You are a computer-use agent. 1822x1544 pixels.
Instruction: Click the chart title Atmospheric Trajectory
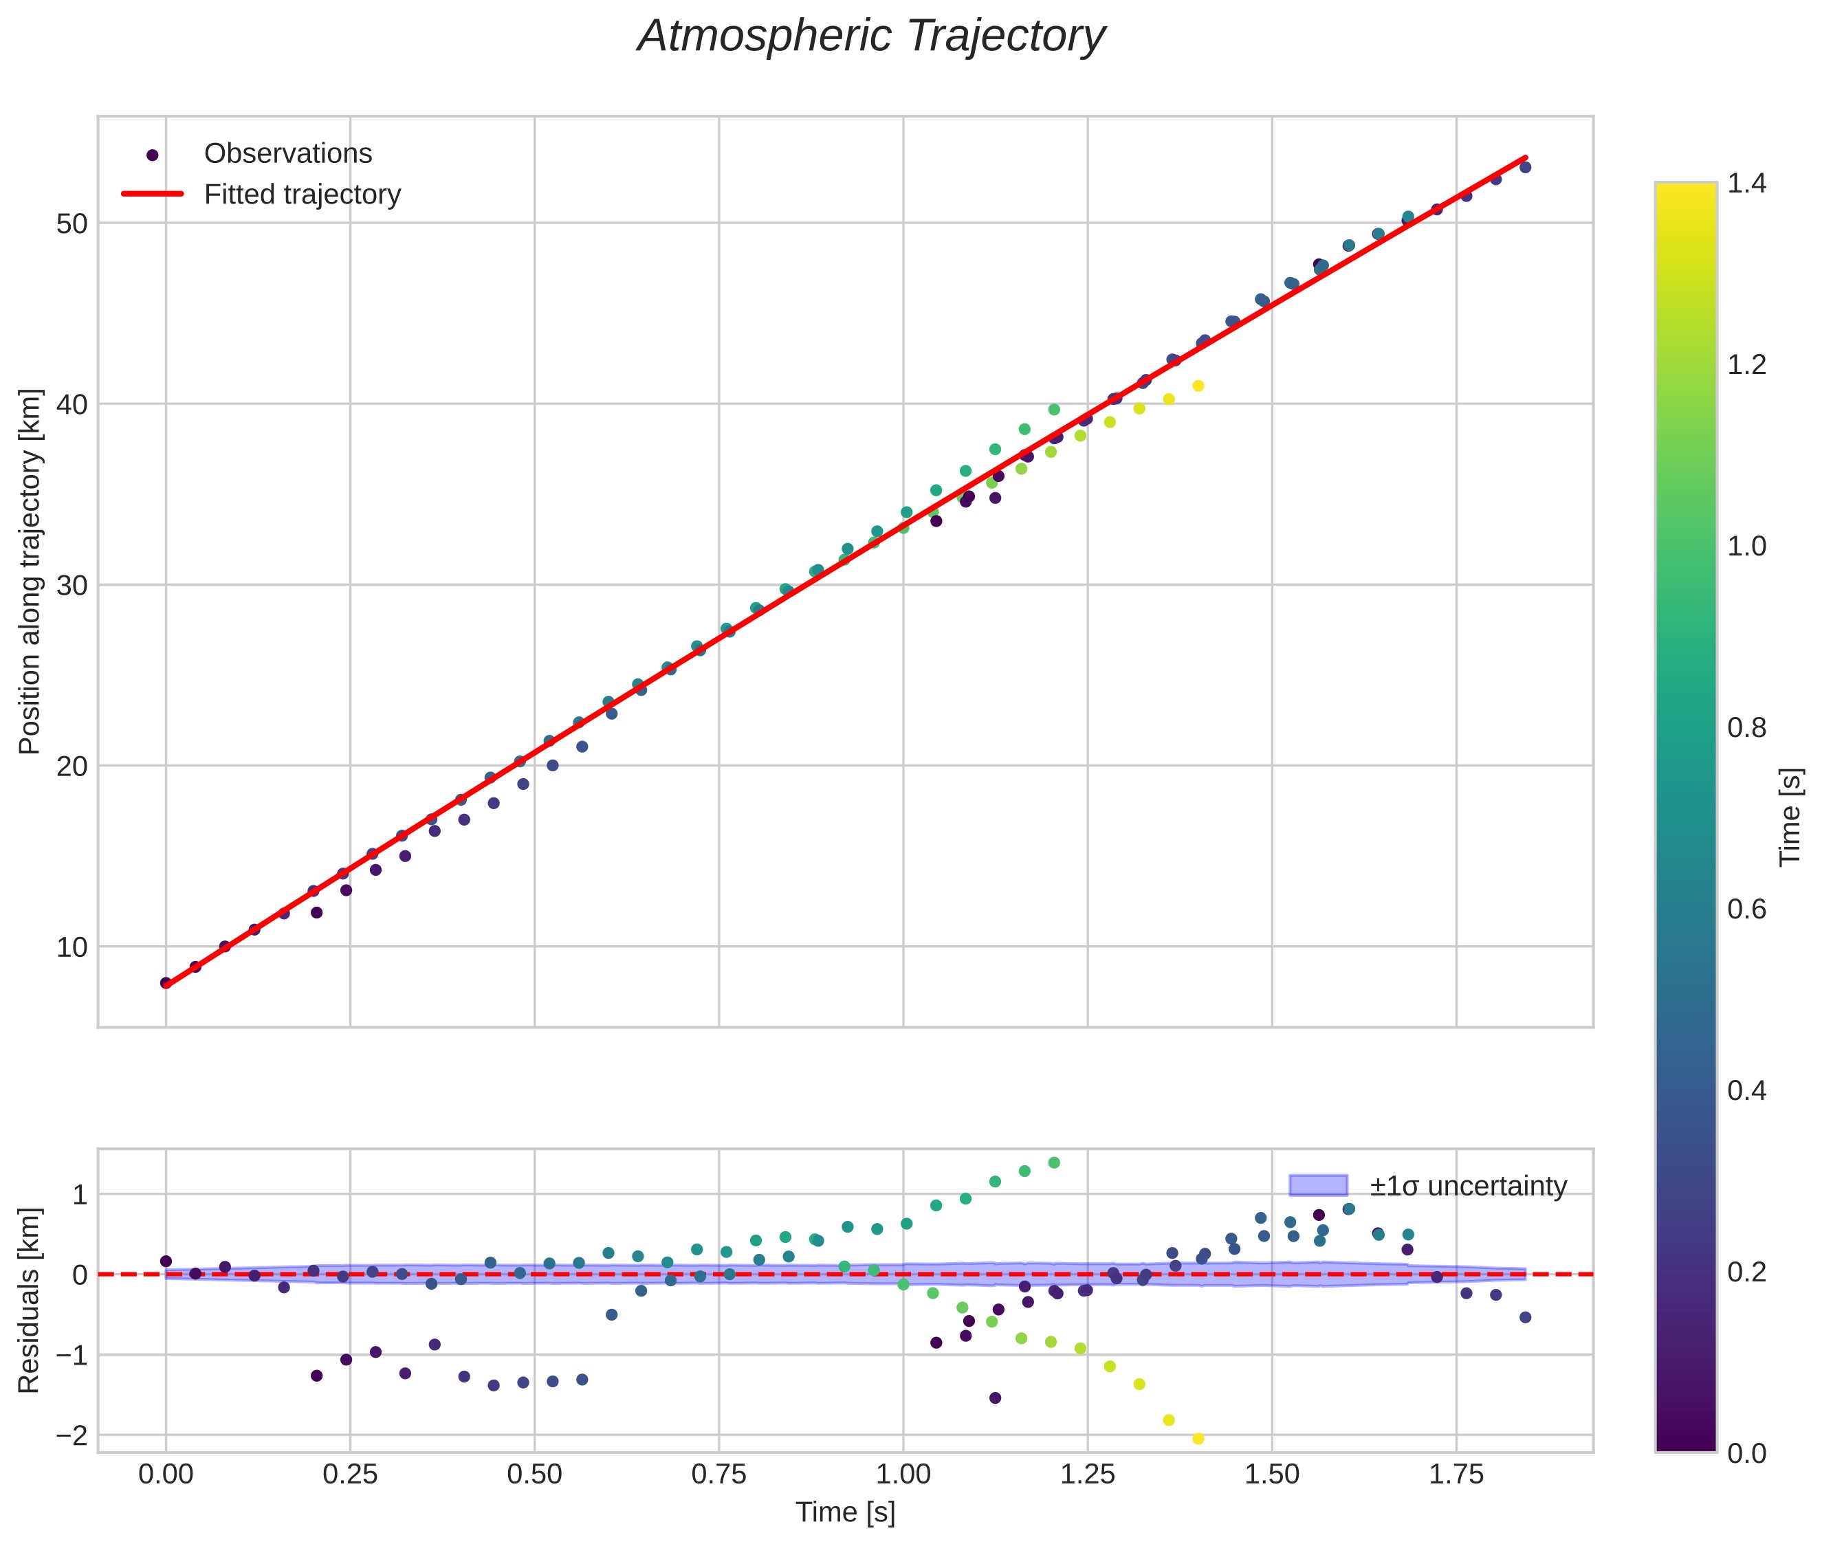point(870,36)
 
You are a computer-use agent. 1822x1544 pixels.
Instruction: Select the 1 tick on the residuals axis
point(80,1195)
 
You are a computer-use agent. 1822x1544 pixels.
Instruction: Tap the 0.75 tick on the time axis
point(718,1475)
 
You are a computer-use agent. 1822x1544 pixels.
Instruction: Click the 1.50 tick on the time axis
point(1272,1475)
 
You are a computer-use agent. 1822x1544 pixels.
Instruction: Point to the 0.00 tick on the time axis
point(166,1475)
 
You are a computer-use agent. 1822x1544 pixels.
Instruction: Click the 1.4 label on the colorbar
point(1746,184)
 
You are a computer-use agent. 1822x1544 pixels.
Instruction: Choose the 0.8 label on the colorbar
point(1746,728)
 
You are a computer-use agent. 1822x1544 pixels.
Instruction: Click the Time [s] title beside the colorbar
point(1790,817)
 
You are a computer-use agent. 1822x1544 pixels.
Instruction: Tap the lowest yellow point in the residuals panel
point(1198,1439)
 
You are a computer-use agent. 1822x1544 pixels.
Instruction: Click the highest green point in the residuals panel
point(1054,1163)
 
